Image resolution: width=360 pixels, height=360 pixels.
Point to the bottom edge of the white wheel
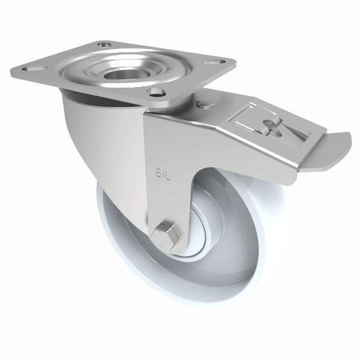180,303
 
